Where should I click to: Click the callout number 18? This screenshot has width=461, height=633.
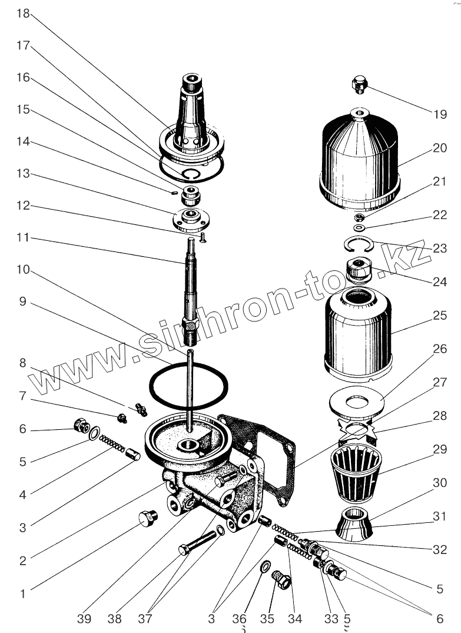(x=22, y=14)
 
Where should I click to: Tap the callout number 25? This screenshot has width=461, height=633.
(x=440, y=315)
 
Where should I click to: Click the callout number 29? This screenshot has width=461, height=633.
(x=440, y=449)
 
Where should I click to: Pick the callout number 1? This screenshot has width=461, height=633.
(x=22, y=594)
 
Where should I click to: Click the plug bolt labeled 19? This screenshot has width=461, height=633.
(x=359, y=84)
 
